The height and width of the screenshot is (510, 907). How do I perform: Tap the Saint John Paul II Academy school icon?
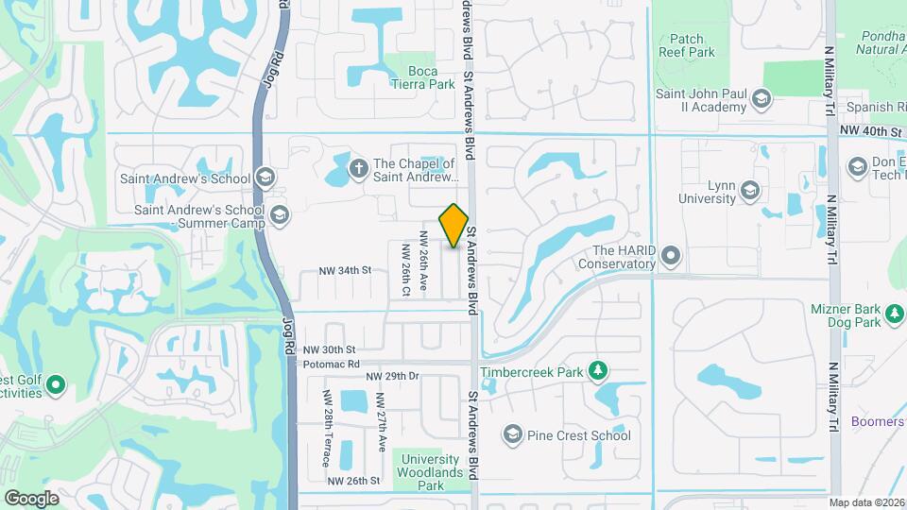click(x=762, y=98)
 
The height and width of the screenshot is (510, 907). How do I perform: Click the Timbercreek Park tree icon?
click(x=597, y=371)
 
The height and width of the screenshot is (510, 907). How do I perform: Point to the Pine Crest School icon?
click(x=513, y=434)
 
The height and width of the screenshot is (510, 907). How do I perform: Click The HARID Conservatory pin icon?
click(x=671, y=256)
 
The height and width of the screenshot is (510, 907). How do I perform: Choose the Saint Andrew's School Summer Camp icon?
click(x=279, y=215)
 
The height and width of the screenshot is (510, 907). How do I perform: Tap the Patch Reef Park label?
click(x=686, y=45)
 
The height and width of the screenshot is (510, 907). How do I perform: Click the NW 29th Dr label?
click(x=392, y=376)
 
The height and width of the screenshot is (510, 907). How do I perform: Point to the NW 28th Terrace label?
click(x=326, y=428)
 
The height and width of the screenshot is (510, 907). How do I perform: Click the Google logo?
click(x=31, y=498)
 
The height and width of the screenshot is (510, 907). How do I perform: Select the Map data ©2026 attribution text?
click(x=866, y=502)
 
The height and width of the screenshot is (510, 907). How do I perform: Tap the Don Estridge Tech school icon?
click(x=858, y=168)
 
